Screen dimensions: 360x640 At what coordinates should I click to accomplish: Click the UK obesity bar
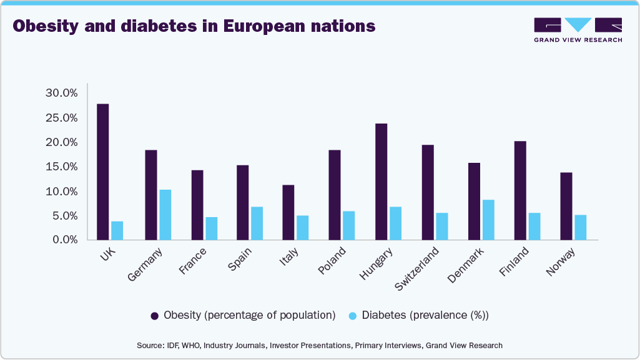coord(103,172)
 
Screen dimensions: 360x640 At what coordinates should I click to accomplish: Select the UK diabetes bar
coord(117,230)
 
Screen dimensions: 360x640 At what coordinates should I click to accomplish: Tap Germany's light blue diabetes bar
coord(165,215)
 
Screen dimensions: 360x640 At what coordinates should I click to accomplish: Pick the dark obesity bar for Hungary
coord(381,182)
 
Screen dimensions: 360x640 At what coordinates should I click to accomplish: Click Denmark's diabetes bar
coord(488,220)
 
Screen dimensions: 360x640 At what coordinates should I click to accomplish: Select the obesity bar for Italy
coord(288,212)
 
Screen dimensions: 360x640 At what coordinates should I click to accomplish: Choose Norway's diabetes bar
coord(581,227)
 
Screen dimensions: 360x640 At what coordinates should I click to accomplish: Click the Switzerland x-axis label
coord(418,269)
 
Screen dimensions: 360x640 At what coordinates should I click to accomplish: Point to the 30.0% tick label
coord(61,93)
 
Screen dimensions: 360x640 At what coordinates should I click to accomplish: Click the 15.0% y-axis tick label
coord(61,167)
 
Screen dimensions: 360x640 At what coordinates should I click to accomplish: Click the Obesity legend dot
coord(154,316)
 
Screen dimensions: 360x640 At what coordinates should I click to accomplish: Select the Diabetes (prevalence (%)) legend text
coord(425,315)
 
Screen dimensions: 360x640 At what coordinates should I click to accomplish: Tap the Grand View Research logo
coord(578,29)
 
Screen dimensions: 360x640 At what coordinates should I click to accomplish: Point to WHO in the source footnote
coord(191,346)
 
